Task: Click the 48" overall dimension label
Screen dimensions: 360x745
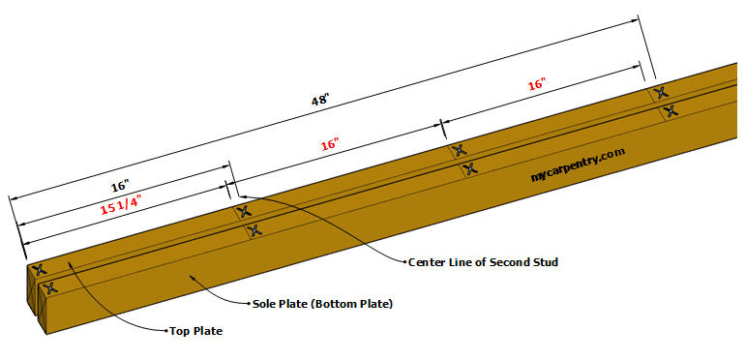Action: (x=320, y=99)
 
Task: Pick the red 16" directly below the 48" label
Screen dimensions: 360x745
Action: (x=331, y=145)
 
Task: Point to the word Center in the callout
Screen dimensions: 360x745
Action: (x=427, y=261)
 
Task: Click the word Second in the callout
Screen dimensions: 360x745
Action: (x=507, y=261)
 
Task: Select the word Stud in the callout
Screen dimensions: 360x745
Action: (x=545, y=261)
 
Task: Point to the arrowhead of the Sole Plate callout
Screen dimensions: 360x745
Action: (x=193, y=275)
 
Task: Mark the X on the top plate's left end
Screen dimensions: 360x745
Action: (x=39, y=270)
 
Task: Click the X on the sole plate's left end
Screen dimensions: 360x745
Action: (x=48, y=287)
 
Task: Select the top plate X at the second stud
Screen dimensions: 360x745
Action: (x=242, y=211)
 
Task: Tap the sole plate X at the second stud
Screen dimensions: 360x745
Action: (x=253, y=230)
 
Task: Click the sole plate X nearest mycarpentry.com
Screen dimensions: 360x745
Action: (x=469, y=169)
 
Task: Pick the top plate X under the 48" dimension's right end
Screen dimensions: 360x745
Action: (x=661, y=93)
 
